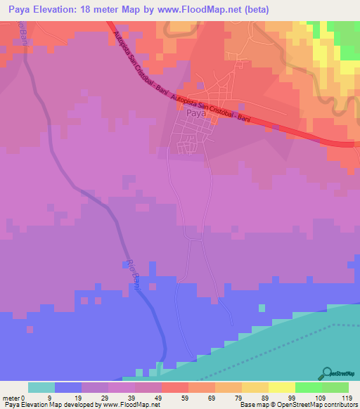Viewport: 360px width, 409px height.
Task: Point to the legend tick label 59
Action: pos(186,397)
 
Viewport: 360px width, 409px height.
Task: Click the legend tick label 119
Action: pos(347,397)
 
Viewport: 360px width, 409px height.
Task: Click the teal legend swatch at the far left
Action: pos(41,387)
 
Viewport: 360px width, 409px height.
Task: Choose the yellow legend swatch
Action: pos(281,387)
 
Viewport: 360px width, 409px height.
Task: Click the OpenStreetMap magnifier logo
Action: pos(328,373)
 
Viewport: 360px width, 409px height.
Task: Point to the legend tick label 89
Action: pos(266,397)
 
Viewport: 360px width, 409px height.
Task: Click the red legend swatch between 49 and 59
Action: pos(174,387)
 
